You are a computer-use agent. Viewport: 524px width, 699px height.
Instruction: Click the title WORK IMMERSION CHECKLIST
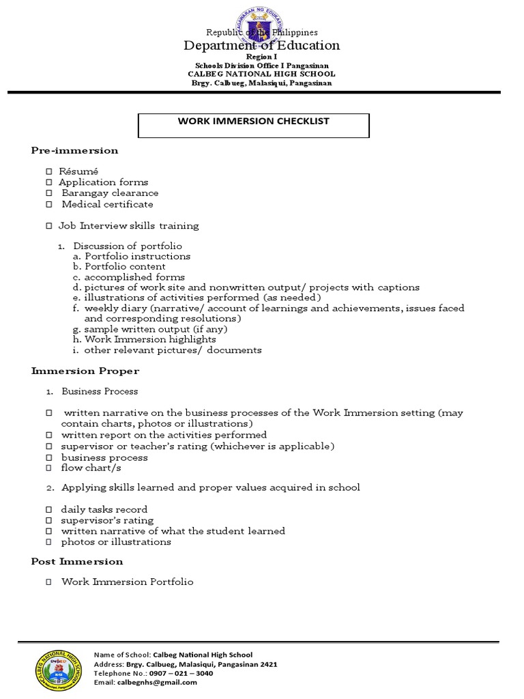[253, 122]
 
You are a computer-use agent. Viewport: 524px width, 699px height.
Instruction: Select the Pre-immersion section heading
[74, 150]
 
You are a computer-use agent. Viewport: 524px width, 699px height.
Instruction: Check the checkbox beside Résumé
[49, 171]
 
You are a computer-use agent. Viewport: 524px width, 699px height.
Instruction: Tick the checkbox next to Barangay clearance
[49, 193]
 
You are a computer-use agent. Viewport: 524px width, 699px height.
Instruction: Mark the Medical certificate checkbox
[49, 204]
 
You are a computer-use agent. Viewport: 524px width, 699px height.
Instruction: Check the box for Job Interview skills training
[49, 226]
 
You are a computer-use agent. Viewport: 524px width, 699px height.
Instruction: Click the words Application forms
[103, 182]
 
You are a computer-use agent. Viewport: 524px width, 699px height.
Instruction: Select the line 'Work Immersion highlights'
[149, 339]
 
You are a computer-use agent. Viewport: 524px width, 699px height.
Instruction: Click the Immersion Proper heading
[85, 371]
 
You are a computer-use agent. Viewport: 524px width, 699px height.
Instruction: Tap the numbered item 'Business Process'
[100, 392]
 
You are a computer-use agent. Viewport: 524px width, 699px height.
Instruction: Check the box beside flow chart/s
[49, 468]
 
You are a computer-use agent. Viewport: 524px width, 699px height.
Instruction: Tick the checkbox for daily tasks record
[49, 510]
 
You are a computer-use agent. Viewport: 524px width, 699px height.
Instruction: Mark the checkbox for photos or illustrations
[49, 542]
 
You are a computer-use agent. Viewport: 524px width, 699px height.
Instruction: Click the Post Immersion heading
[77, 562]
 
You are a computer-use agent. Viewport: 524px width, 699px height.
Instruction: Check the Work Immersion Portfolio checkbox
[49, 582]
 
